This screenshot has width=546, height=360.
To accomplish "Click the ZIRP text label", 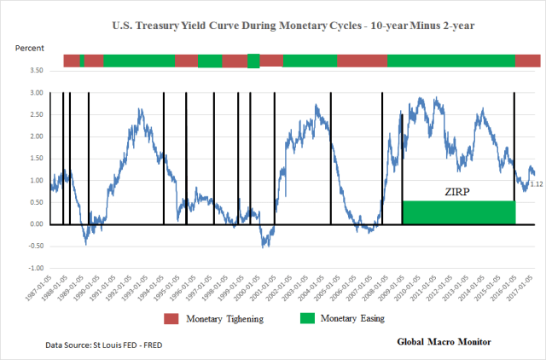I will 458,190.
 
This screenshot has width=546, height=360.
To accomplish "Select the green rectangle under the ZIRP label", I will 458,212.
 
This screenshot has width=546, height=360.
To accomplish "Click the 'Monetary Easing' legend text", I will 352,317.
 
